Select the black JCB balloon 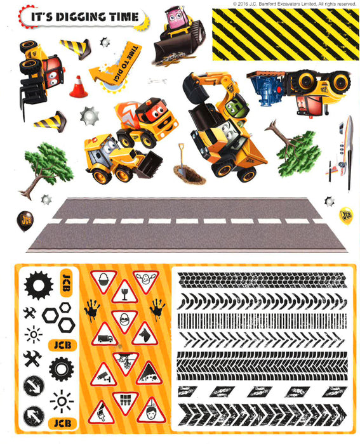tap(24, 220)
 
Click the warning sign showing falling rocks tap(148, 374)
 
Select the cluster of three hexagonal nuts tap(58, 317)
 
